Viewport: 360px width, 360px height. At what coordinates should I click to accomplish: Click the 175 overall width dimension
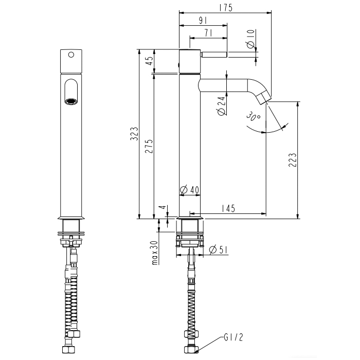click(x=226, y=8)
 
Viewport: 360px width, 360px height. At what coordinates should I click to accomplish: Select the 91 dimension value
click(x=203, y=21)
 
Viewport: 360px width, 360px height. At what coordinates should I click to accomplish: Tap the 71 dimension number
click(x=208, y=33)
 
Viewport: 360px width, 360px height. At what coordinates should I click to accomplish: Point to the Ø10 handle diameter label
click(x=251, y=39)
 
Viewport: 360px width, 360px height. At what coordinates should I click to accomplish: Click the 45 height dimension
click(x=150, y=61)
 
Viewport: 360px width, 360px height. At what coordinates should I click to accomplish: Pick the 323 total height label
click(x=134, y=134)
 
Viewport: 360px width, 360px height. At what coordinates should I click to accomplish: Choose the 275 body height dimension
click(x=149, y=146)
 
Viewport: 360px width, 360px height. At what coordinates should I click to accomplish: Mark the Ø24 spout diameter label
click(x=221, y=106)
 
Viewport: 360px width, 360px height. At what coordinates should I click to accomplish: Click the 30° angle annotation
click(x=253, y=116)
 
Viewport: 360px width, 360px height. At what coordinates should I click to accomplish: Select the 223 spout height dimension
click(x=292, y=160)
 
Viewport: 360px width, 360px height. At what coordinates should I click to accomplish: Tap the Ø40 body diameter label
click(x=189, y=190)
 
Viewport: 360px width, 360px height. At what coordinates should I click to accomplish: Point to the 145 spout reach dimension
click(x=228, y=208)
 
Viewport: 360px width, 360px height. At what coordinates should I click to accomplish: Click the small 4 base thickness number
click(x=163, y=207)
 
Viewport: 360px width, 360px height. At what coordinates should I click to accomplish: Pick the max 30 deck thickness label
click(x=155, y=253)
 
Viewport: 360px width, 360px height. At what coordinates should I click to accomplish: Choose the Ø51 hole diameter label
click(x=219, y=249)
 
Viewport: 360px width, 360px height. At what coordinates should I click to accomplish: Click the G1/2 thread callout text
click(x=233, y=337)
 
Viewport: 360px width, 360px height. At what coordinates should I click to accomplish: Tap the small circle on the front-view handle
click(x=71, y=55)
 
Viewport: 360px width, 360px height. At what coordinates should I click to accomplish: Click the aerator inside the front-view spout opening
click(x=71, y=101)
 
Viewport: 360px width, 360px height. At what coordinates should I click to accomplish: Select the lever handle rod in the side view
click(x=214, y=55)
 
